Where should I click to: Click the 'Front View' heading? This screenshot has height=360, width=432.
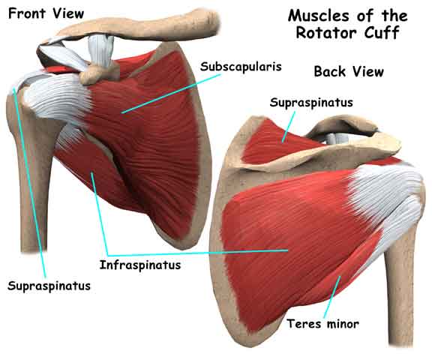click(46, 13)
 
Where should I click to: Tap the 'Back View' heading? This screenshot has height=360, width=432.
click(349, 71)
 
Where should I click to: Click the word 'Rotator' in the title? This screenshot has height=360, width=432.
click(326, 33)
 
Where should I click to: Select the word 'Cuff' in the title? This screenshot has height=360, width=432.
click(382, 33)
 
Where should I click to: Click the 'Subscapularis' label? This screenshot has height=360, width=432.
click(241, 67)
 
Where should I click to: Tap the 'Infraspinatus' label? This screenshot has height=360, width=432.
click(140, 265)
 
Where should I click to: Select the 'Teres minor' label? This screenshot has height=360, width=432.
click(323, 324)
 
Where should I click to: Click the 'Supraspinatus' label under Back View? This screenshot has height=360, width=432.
click(311, 103)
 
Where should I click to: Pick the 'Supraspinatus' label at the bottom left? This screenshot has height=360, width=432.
click(49, 286)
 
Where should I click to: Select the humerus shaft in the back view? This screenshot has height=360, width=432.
click(400, 289)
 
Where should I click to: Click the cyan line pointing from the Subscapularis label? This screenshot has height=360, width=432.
click(171, 93)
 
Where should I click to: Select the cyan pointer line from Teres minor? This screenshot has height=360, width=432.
click(332, 297)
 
